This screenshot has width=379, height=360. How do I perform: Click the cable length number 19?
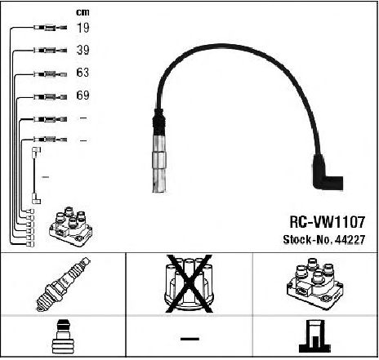click(x=82, y=28)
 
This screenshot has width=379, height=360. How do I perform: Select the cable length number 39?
click(x=82, y=50)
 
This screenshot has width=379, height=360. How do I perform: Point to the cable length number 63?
click(x=82, y=73)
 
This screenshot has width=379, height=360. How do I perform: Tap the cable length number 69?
click(x=82, y=95)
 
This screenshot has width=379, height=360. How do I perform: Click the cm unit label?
click(x=82, y=12)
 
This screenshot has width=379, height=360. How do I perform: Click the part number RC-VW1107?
click(x=327, y=222)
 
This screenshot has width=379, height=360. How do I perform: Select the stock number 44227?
click(x=350, y=240)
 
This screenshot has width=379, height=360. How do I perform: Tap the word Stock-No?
click(x=308, y=240)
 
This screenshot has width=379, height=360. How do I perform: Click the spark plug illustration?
click(x=63, y=284)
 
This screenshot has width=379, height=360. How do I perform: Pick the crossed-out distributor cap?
click(x=189, y=283)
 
